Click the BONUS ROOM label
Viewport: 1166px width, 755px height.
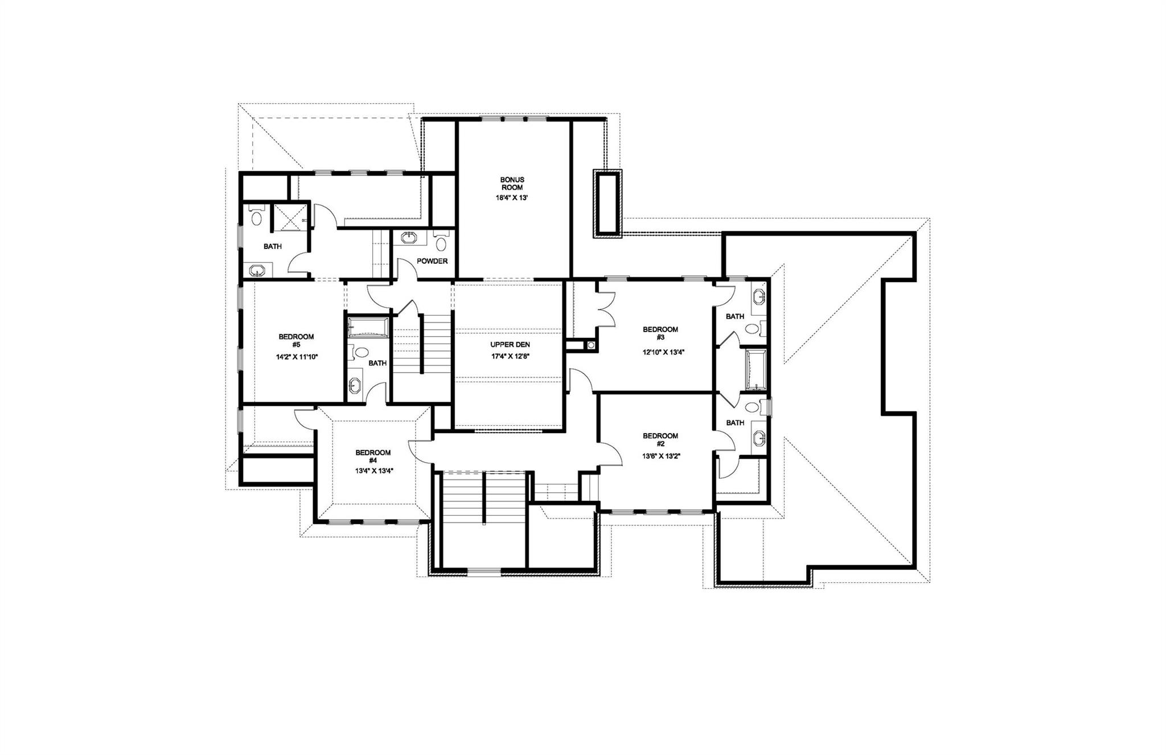(x=512, y=183)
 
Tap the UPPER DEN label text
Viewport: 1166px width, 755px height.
(x=511, y=345)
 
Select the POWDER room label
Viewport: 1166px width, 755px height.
(x=432, y=262)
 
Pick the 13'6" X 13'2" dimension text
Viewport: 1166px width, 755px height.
(x=660, y=456)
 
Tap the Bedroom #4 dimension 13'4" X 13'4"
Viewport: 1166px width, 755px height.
(x=373, y=471)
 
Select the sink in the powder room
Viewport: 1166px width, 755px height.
(x=409, y=238)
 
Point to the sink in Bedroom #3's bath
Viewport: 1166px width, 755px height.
(x=759, y=298)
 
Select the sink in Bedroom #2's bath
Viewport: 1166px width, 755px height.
(x=759, y=438)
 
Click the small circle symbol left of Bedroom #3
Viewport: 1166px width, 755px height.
(x=591, y=345)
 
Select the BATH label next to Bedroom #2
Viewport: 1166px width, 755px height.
(x=735, y=423)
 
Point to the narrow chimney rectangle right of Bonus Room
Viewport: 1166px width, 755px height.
(x=608, y=203)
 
